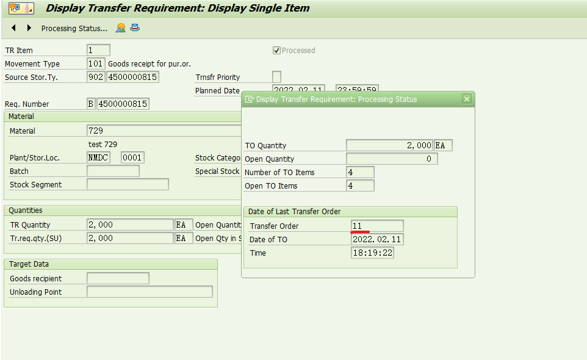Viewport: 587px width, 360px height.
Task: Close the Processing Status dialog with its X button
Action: click(x=467, y=99)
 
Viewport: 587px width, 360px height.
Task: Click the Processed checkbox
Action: click(x=276, y=51)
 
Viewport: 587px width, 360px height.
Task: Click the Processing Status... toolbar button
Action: click(x=74, y=29)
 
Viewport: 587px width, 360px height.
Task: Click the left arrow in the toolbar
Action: click(x=13, y=28)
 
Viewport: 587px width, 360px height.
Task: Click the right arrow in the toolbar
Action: click(x=29, y=28)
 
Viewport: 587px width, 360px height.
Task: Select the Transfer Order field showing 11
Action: click(x=377, y=226)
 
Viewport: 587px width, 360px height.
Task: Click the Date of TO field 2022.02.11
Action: click(x=377, y=240)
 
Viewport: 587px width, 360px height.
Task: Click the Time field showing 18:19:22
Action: click(x=372, y=253)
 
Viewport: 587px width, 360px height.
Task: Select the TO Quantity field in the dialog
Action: click(x=389, y=146)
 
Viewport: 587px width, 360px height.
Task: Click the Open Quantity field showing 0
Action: click(x=392, y=159)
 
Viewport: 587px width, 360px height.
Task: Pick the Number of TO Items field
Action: click(x=360, y=173)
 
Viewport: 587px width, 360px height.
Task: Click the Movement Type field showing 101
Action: click(x=96, y=64)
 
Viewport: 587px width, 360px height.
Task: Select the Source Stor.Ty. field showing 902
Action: click(x=96, y=77)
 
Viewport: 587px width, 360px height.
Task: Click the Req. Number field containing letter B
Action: click(x=91, y=104)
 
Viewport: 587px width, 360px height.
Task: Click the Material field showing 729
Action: click(x=165, y=131)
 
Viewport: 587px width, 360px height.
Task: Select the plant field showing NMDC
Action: click(x=98, y=158)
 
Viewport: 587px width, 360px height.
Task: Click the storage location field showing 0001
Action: click(x=132, y=158)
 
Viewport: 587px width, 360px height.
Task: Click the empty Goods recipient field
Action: click(x=118, y=279)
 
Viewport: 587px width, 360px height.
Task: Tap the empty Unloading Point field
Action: click(x=149, y=292)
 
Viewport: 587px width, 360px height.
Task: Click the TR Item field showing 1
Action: click(x=99, y=51)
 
